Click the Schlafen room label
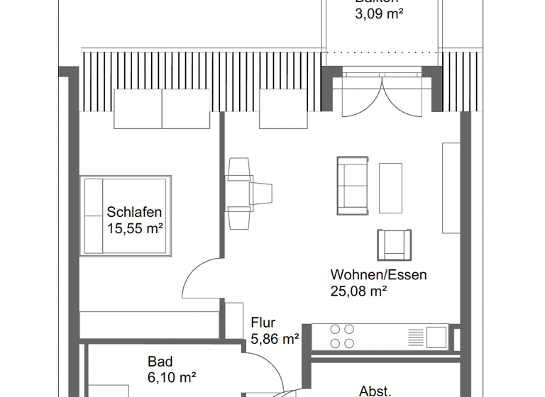pyautogui.click(x=135, y=212)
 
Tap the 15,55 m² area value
pyautogui.click(x=135, y=228)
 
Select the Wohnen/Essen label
pyautogui.click(x=378, y=274)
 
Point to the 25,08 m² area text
pyautogui.click(x=358, y=291)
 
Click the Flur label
pyautogui.click(x=263, y=323)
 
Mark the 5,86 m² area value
pyautogui.click(x=275, y=340)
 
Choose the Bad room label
pyautogui.click(x=160, y=362)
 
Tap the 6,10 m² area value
pyautogui.click(x=172, y=378)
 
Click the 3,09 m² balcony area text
pyautogui.click(x=379, y=13)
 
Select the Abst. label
pyautogui.click(x=375, y=391)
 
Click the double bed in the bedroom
pyautogui.click(x=126, y=216)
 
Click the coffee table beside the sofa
pyautogui.click(x=390, y=188)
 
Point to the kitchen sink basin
pyautogui.click(x=436, y=335)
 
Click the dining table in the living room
pyautogui.click(x=238, y=194)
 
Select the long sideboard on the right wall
pyautogui.click(x=451, y=188)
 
